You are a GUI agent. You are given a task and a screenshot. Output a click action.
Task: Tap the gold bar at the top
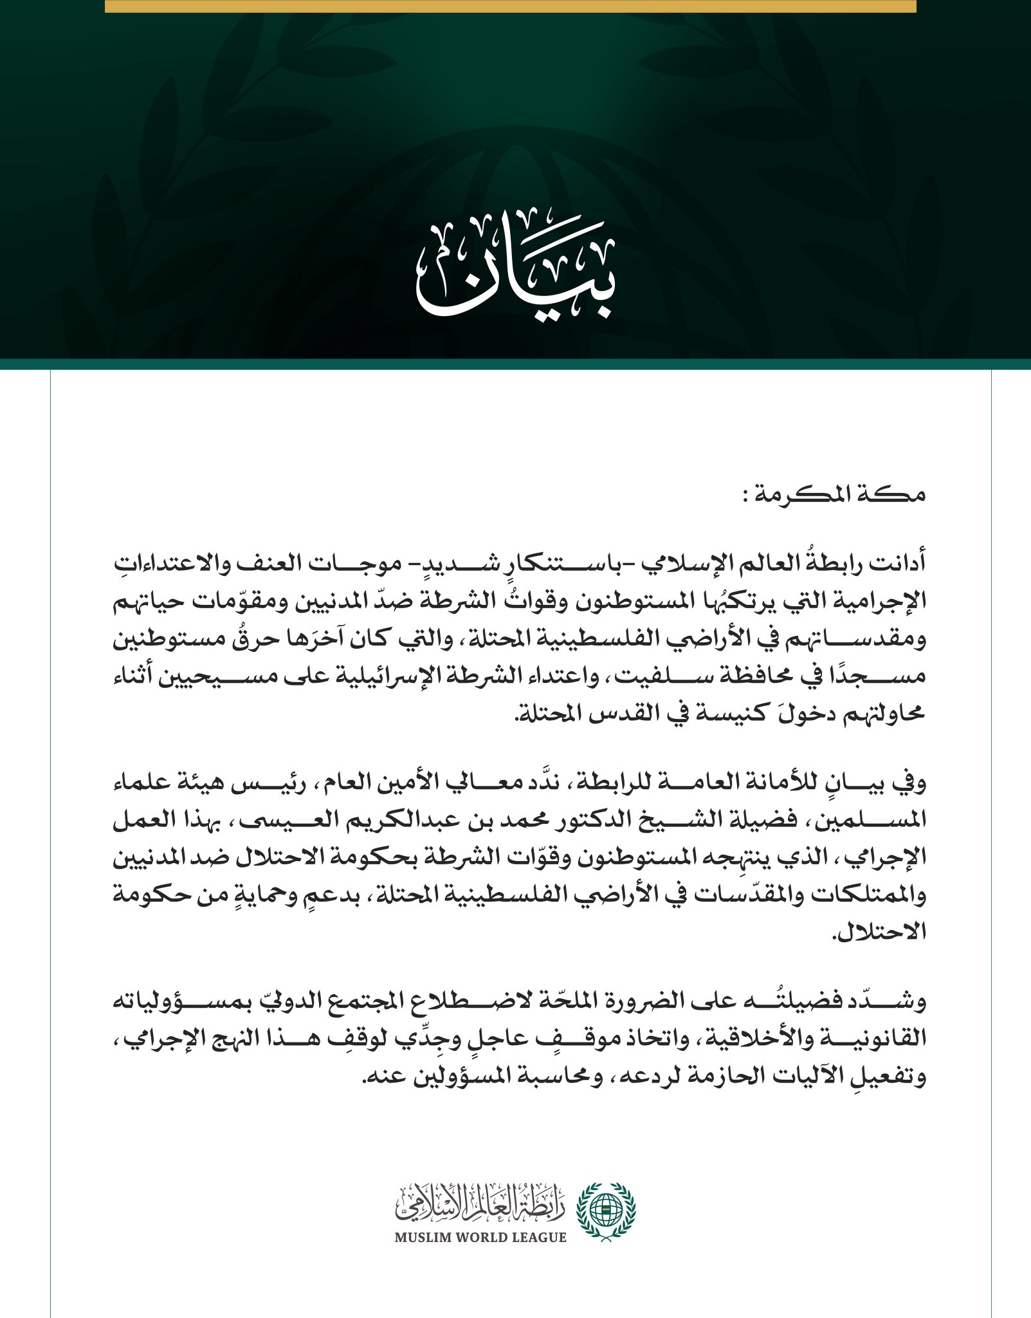(510, 6)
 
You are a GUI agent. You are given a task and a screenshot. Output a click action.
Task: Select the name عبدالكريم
(448, 819)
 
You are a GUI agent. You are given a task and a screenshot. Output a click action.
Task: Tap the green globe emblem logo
(605, 1212)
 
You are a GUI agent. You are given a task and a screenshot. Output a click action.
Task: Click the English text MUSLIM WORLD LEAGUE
(480, 1237)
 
